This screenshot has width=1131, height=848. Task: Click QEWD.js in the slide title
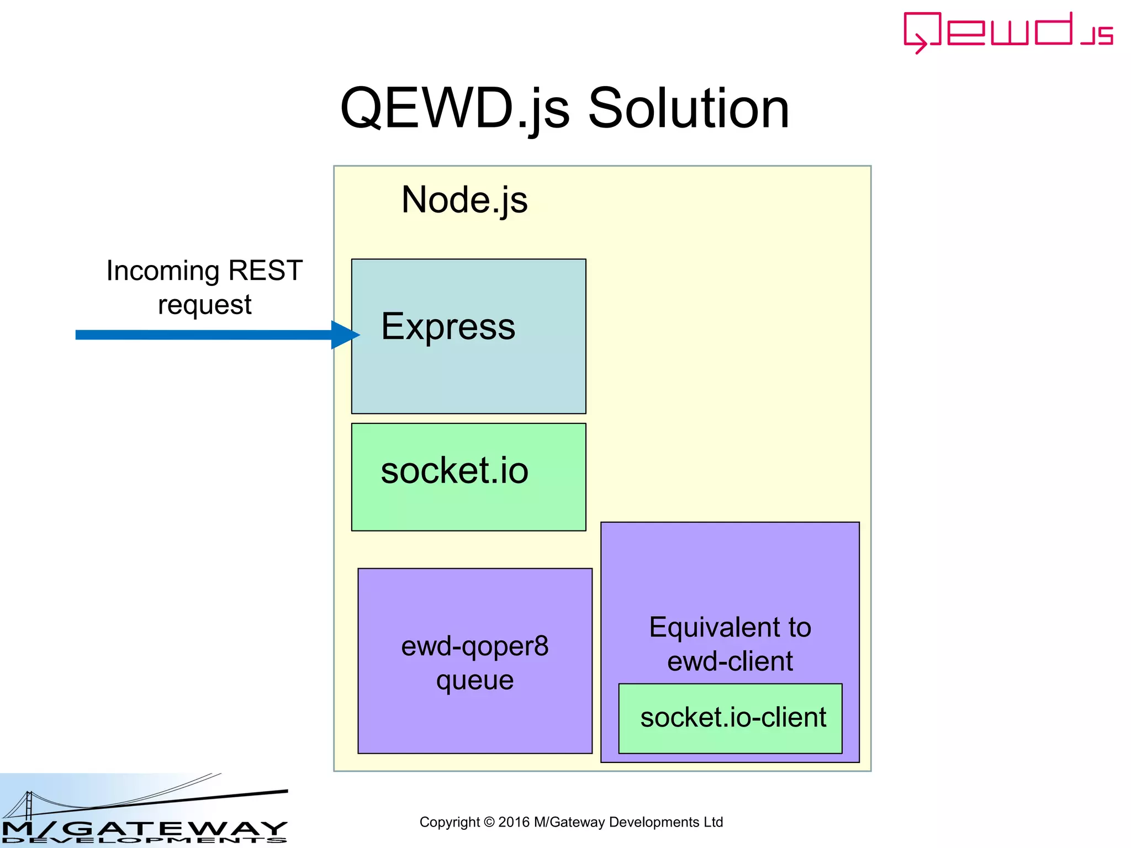tap(454, 109)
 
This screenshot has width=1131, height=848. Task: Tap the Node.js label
tap(464, 199)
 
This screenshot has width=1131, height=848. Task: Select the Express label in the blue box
tap(448, 326)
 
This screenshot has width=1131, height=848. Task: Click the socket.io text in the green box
tap(454, 470)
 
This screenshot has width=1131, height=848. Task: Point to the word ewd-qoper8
tap(474, 646)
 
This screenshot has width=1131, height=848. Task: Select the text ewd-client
tap(730, 661)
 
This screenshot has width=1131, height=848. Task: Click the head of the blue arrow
tap(346, 335)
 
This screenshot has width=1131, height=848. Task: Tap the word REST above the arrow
tap(265, 271)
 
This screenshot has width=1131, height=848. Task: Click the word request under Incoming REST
tap(204, 305)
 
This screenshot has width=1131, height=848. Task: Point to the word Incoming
tap(163, 271)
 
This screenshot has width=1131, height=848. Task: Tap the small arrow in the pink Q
tap(920, 44)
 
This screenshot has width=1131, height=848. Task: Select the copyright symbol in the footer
tap(489, 823)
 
